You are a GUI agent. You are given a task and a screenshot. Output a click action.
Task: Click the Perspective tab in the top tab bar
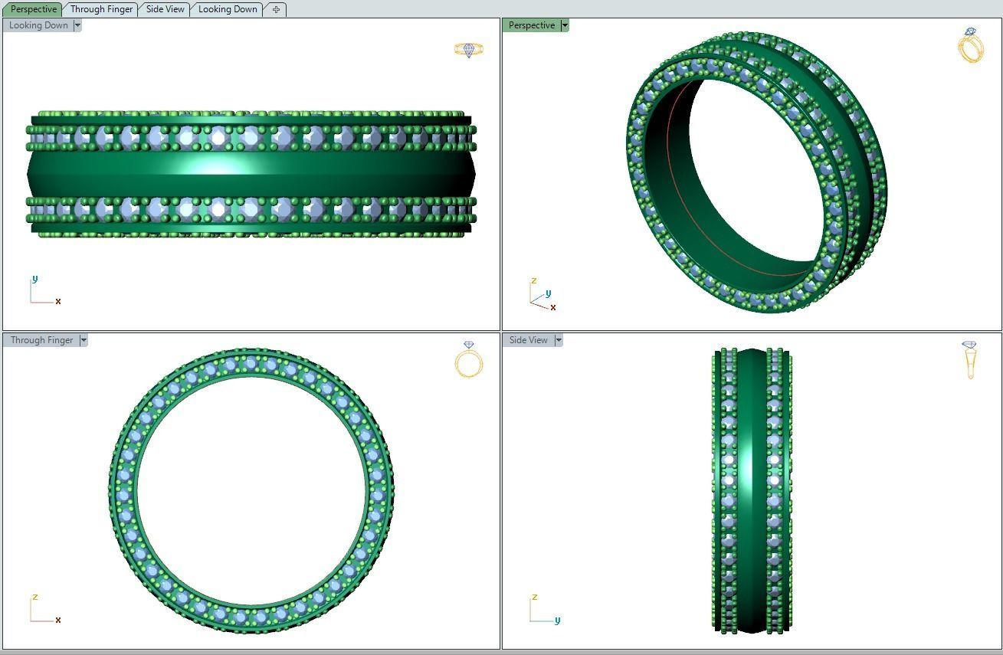click(34, 9)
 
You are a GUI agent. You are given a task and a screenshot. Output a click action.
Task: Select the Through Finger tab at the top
click(101, 9)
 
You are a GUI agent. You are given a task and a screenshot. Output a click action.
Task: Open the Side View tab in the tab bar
click(165, 9)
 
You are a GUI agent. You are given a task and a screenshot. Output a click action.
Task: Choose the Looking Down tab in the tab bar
click(228, 9)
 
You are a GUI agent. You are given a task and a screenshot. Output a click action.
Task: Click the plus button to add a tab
click(276, 9)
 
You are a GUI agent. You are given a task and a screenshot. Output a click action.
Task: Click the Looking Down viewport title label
click(38, 25)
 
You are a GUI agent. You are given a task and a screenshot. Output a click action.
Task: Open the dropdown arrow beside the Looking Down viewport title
click(77, 25)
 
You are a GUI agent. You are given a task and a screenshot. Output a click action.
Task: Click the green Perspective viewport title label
click(531, 25)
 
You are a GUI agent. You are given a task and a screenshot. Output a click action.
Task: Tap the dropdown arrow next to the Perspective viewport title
click(565, 25)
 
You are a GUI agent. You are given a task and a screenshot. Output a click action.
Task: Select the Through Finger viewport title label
click(41, 340)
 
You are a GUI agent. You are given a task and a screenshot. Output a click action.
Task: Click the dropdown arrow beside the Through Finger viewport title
click(84, 340)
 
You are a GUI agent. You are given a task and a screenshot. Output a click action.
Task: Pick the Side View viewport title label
click(528, 340)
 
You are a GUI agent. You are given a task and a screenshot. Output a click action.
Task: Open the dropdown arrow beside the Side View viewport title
click(559, 340)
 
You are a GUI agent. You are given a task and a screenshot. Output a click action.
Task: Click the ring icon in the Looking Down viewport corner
click(468, 50)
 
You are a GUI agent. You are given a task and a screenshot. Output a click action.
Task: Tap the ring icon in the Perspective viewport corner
click(970, 45)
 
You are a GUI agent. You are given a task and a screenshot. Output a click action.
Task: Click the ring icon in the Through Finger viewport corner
click(469, 359)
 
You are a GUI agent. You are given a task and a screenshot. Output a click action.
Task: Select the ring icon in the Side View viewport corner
click(969, 359)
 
